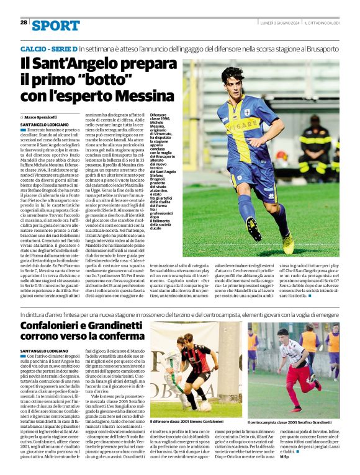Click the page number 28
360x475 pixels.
pyautogui.click(x=24, y=22)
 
